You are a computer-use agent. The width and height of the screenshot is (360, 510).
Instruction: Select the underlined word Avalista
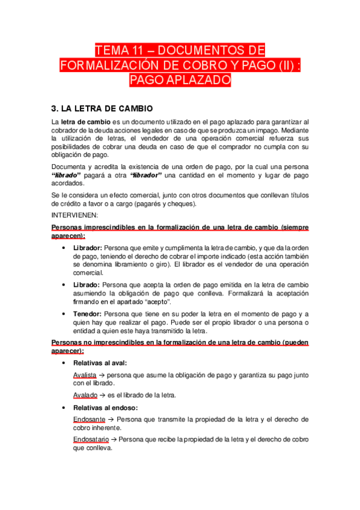click(84, 374)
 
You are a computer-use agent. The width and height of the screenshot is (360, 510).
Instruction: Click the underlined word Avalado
click(84, 395)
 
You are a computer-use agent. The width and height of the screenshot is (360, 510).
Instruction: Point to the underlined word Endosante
click(89, 419)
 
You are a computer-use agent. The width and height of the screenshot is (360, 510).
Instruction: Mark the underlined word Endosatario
click(92, 440)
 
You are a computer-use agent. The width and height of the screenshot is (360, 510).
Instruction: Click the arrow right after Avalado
click(102, 395)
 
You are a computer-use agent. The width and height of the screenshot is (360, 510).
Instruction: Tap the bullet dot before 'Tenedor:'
click(64, 314)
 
